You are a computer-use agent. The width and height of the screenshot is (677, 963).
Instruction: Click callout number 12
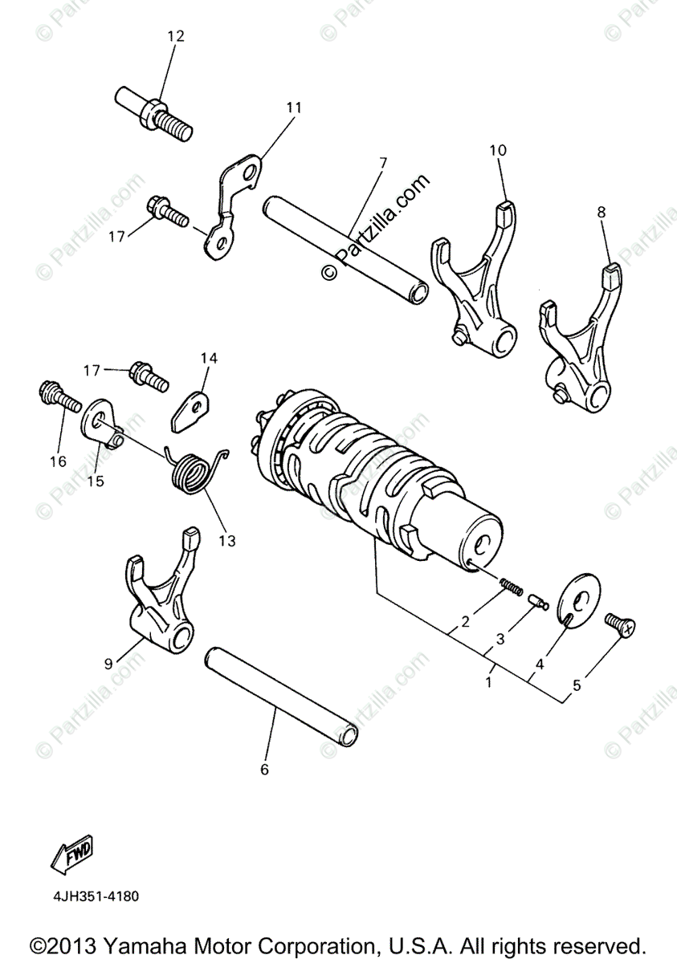tap(175, 36)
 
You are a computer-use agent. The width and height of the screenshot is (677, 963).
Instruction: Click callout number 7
tap(382, 162)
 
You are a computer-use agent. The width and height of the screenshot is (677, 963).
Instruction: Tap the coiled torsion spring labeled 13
tap(194, 472)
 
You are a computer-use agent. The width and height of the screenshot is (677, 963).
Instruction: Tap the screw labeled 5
tap(621, 623)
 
